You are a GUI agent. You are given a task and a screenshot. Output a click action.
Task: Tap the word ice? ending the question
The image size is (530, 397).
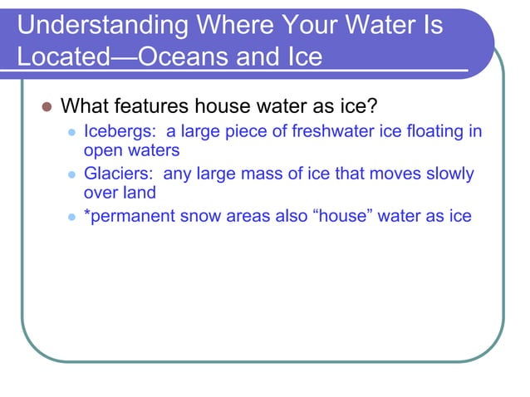pos(361,107)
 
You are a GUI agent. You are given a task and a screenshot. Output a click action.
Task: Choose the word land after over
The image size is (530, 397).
pos(138,194)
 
